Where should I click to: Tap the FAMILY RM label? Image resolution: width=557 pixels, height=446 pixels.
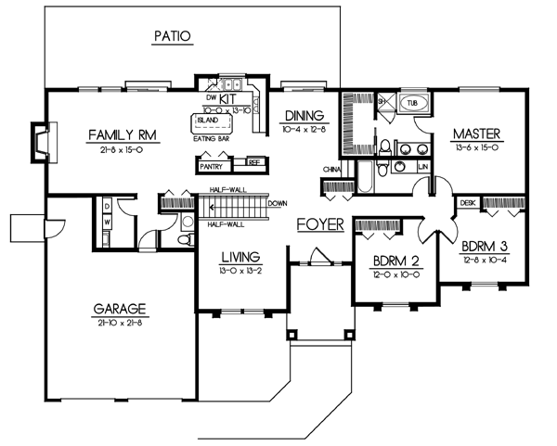123,134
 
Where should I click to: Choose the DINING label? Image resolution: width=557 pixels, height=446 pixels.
304,116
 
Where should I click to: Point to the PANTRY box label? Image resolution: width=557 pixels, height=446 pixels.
211,167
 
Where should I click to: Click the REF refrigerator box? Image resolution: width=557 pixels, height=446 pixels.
253,162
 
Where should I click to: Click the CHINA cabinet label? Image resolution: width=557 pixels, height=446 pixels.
330,170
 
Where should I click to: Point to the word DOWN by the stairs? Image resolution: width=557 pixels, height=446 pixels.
276,203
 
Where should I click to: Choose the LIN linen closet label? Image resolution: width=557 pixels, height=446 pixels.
423,166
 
